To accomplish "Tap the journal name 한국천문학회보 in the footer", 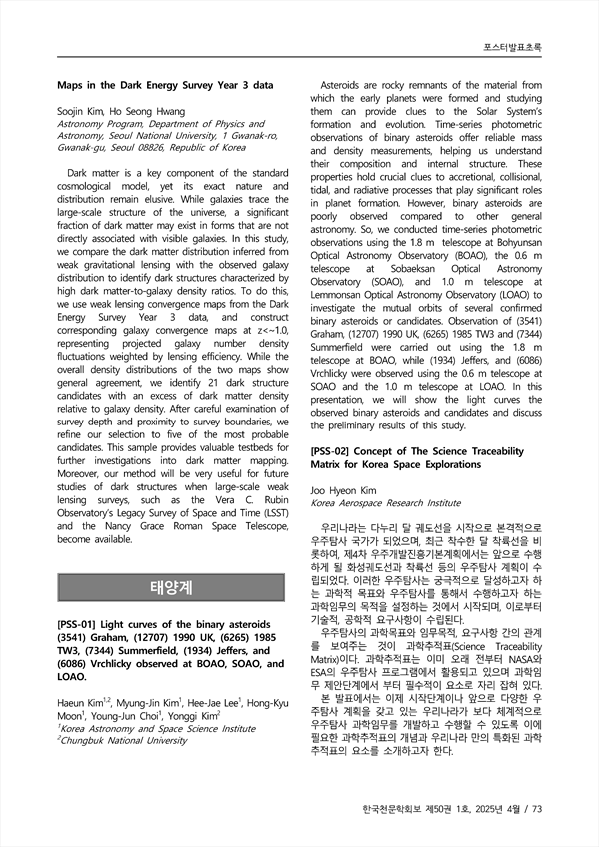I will pyautogui.click(x=390, y=809).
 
